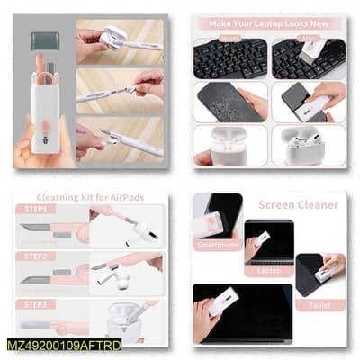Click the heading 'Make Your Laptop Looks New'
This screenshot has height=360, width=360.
click(270, 22)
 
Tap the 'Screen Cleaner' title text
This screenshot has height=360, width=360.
click(299, 204)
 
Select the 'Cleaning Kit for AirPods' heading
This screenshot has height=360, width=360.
click(90, 197)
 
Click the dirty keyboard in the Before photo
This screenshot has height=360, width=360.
click(229, 58)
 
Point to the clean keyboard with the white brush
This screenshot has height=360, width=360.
click(309, 58)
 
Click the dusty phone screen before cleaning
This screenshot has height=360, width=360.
click(229, 101)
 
